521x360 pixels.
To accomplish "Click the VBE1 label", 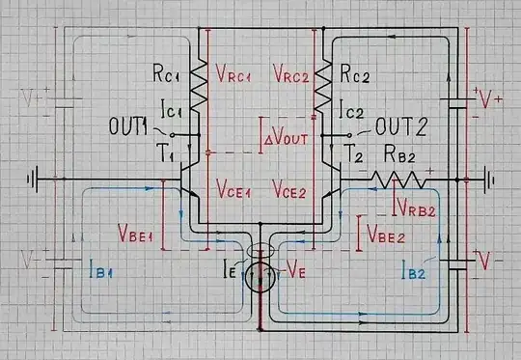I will coord(135,233).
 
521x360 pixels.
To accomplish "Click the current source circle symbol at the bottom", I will coord(259,280).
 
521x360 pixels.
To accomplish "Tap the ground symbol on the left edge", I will coord(37,179).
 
